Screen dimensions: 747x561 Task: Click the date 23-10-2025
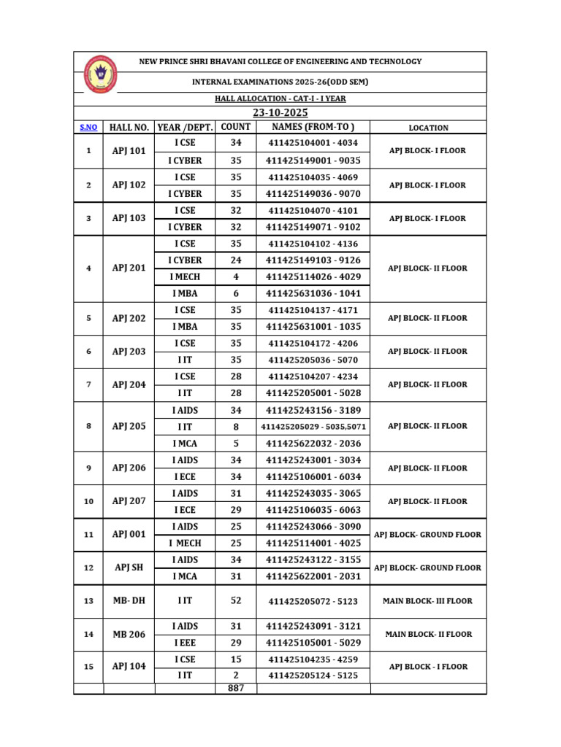tap(280, 112)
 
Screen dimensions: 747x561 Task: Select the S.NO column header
tap(88, 128)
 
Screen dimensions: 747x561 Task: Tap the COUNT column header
tap(235, 127)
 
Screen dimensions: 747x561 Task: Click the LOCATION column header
tap(428, 128)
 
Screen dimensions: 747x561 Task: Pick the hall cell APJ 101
tap(129, 151)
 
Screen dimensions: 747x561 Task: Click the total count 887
tap(235, 688)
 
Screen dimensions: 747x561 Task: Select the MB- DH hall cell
tap(129, 601)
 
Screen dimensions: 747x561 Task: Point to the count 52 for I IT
tap(235, 601)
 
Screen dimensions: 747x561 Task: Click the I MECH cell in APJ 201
tap(185, 277)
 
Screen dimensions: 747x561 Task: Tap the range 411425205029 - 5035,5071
tap(313, 426)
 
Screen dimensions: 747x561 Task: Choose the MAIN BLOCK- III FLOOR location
tap(428, 601)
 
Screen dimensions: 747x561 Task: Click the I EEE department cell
tap(185, 643)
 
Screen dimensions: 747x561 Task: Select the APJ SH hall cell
tap(129, 568)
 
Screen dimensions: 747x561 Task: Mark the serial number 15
tap(88, 667)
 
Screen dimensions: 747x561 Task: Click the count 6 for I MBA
tap(235, 293)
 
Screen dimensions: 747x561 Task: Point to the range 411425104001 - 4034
tap(313, 143)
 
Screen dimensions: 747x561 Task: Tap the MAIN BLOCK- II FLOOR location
tap(428, 634)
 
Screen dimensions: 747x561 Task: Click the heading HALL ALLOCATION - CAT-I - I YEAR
tap(280, 98)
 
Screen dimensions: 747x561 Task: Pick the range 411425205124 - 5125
tap(313, 676)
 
